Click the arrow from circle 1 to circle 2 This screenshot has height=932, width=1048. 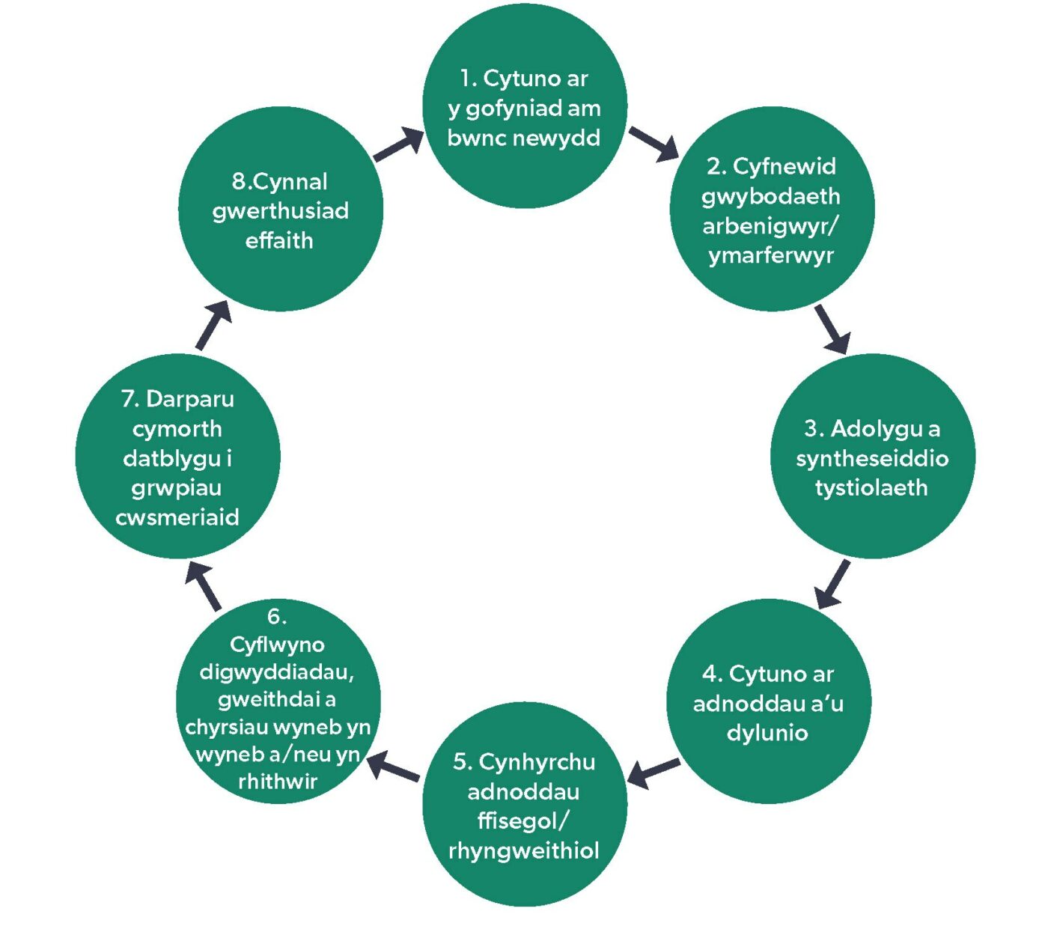pyautogui.click(x=654, y=144)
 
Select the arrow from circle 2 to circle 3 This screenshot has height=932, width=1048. pyautogui.click(x=832, y=329)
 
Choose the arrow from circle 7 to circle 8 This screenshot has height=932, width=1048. pyautogui.click(x=213, y=326)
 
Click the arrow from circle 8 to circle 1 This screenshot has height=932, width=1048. pyautogui.click(x=398, y=144)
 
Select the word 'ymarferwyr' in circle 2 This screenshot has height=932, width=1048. pyautogui.click(x=771, y=255)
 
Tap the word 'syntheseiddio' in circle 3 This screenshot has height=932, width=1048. pyautogui.click(x=872, y=458)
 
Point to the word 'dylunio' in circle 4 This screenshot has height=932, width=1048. pyautogui.click(x=767, y=732)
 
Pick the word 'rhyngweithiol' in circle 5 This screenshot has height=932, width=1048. pyautogui.click(x=524, y=850)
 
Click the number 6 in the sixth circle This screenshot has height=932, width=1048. pyautogui.click(x=275, y=616)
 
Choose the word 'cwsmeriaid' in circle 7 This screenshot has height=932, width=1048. pyautogui.click(x=177, y=517)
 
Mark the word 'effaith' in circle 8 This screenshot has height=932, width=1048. pyautogui.click(x=279, y=240)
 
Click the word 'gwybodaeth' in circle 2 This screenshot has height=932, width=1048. pyautogui.click(x=771, y=196)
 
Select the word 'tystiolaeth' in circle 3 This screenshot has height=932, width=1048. pyautogui.click(x=871, y=488)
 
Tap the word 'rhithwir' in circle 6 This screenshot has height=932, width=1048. pyautogui.click(x=278, y=782)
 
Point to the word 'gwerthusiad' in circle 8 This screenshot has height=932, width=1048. pyautogui.click(x=281, y=211)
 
